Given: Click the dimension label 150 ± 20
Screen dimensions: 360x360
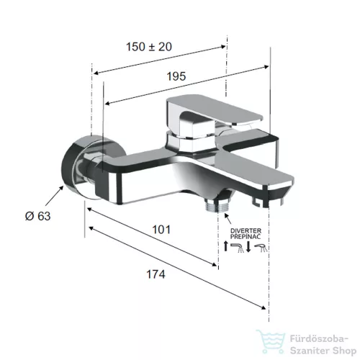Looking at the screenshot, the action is coord(149,47).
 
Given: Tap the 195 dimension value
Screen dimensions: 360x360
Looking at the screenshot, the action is coord(176,76).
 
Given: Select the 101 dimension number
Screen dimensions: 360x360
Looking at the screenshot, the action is coord(161,230).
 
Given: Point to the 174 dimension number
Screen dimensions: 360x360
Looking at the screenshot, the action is coord(156,274).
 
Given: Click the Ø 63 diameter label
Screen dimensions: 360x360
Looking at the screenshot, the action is coord(38,216).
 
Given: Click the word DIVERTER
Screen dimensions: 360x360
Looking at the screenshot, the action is coord(246,231).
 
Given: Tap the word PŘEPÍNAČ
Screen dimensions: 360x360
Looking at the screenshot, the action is coord(246,236).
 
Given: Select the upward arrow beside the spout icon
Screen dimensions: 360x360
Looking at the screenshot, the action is coord(225,246).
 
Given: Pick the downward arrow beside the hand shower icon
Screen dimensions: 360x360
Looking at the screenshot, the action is coord(248,247).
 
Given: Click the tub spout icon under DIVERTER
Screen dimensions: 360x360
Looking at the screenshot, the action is coord(237,248).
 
